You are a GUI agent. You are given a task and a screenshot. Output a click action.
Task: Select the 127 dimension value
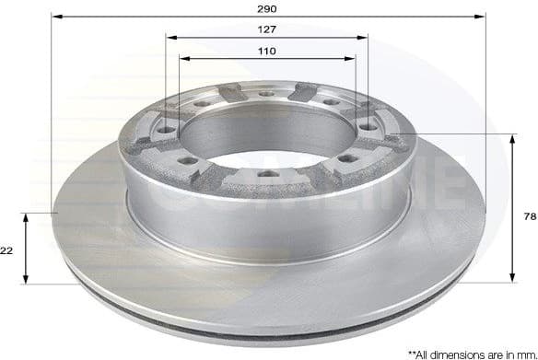click(x=267, y=29)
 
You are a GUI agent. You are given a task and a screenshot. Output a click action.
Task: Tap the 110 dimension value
click(x=267, y=51)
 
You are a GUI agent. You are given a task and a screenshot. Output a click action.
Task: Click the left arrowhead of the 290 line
click(x=53, y=17)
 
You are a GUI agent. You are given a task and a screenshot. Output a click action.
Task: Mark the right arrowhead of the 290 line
click(x=482, y=17)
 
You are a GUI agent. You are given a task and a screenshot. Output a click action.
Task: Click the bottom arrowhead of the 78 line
click(x=512, y=280)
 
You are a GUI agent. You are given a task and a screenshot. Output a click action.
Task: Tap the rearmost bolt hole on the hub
click(x=266, y=93)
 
